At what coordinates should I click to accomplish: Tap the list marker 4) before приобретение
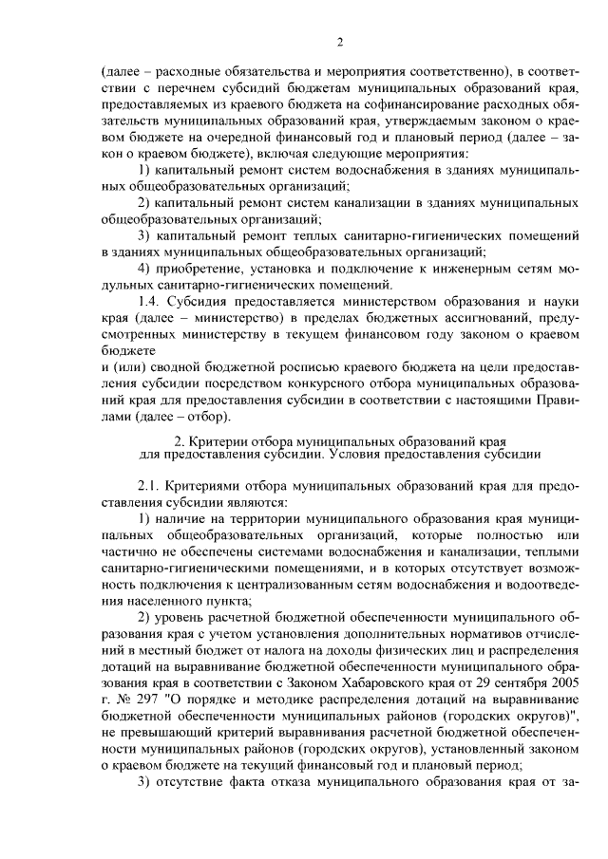(x=144, y=268)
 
